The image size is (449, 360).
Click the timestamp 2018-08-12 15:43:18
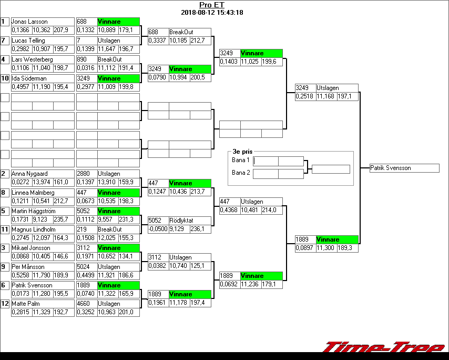(x=211, y=12)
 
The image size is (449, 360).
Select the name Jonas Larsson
(x=29, y=22)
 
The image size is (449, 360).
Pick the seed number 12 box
(x=5, y=304)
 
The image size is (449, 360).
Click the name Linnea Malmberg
(x=32, y=193)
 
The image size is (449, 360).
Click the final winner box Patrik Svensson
(x=404, y=168)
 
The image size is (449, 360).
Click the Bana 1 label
(x=241, y=159)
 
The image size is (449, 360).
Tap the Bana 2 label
(x=241, y=172)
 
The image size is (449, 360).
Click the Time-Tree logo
(x=383, y=348)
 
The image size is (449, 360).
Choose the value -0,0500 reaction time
(x=157, y=229)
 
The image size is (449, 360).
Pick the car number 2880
(x=84, y=174)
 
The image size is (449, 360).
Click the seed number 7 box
(x=5, y=41)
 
